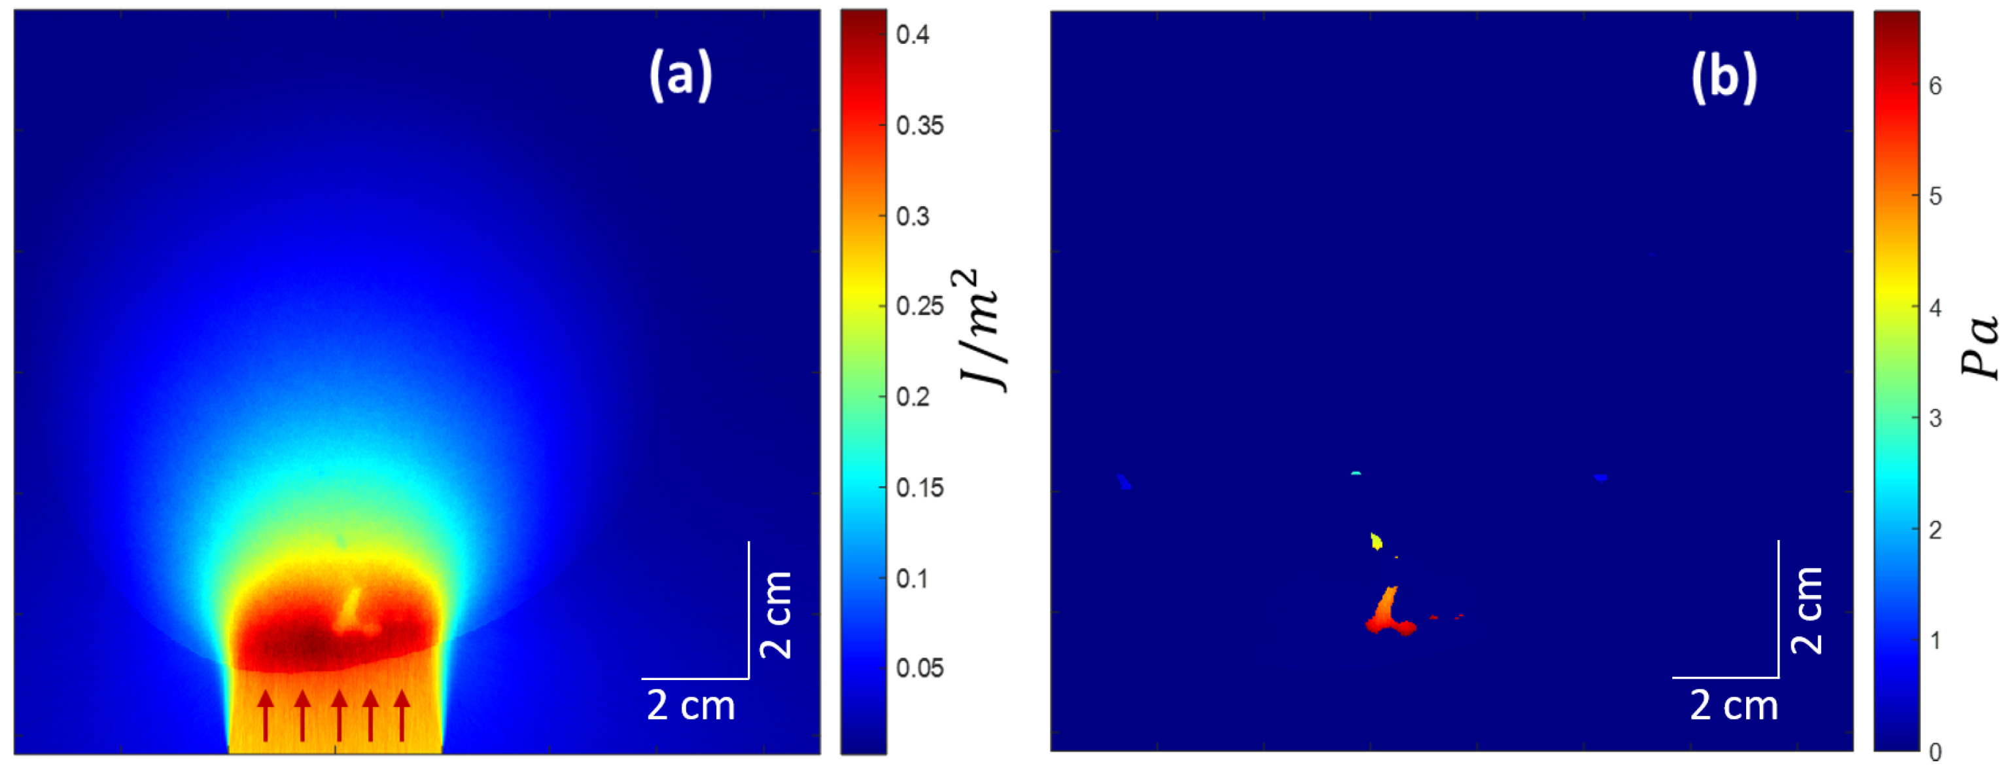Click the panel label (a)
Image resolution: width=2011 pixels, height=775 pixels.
[681, 76]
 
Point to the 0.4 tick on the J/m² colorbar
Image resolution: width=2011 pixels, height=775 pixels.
[912, 35]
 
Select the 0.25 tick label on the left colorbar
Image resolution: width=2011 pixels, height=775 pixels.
[920, 306]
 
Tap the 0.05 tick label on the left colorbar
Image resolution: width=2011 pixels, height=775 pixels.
[920, 669]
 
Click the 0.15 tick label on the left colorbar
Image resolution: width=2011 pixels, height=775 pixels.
[920, 488]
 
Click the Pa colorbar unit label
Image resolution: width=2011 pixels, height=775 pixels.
[1980, 347]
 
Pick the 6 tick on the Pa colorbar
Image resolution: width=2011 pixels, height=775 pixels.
[1934, 86]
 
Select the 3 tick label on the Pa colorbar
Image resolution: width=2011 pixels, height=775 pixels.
[1934, 419]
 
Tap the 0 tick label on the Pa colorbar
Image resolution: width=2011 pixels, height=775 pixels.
[1934, 752]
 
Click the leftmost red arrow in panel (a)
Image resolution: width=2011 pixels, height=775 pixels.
[266, 714]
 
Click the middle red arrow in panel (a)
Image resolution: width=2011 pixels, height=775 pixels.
[339, 714]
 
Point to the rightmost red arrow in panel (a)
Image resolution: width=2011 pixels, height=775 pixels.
[402, 714]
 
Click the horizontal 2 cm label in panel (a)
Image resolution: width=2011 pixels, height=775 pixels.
[691, 706]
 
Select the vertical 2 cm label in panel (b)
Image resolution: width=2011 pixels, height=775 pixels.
[1806, 610]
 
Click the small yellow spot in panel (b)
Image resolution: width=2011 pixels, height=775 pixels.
[1376, 541]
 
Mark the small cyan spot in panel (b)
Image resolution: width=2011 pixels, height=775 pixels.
[1356, 473]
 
